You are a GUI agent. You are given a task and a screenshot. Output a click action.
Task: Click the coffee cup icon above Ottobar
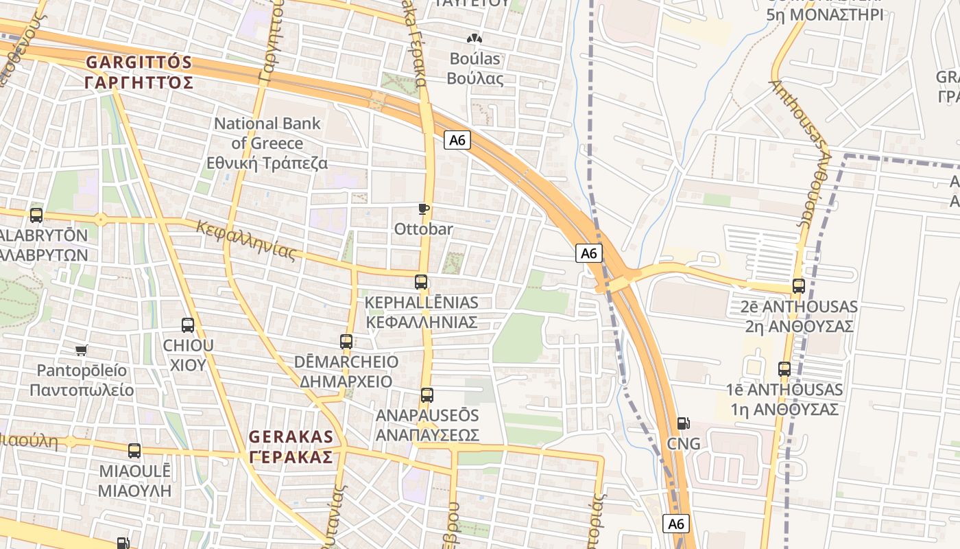pyautogui.click(x=423, y=209)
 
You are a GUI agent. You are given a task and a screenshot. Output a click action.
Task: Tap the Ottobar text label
pyautogui.click(x=423, y=229)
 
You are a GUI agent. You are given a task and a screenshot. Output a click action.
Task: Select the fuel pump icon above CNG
pyautogui.click(x=682, y=423)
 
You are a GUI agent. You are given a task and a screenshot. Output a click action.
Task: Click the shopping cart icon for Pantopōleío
pyautogui.click(x=82, y=351)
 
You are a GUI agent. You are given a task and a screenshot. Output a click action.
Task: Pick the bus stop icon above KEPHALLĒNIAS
pyautogui.click(x=421, y=282)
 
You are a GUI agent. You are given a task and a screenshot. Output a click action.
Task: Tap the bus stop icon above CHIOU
pyautogui.click(x=188, y=325)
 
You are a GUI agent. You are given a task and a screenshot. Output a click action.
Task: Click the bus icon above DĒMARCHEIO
pyautogui.click(x=346, y=341)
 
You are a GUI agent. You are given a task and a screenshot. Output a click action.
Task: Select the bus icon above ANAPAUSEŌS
pyautogui.click(x=427, y=395)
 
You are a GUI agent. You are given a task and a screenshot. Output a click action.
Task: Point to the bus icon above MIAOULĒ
pyautogui.click(x=134, y=451)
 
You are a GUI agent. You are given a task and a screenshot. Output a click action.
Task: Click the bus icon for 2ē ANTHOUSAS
pyautogui.click(x=799, y=286)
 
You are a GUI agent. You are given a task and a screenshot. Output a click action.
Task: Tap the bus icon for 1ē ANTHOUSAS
pyautogui.click(x=784, y=369)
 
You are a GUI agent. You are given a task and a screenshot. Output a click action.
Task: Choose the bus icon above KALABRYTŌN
pyautogui.click(x=36, y=215)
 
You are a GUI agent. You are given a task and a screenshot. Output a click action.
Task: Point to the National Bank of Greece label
pyautogui.click(x=267, y=133)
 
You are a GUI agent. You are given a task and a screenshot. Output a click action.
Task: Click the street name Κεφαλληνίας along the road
pyautogui.click(x=246, y=240)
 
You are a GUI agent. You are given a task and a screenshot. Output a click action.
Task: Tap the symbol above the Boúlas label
pyautogui.click(x=474, y=39)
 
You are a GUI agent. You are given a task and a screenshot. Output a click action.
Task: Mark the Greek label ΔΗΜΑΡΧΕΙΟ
pyautogui.click(x=346, y=382)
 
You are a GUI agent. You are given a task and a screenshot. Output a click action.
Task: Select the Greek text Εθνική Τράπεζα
pyautogui.click(x=267, y=163)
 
